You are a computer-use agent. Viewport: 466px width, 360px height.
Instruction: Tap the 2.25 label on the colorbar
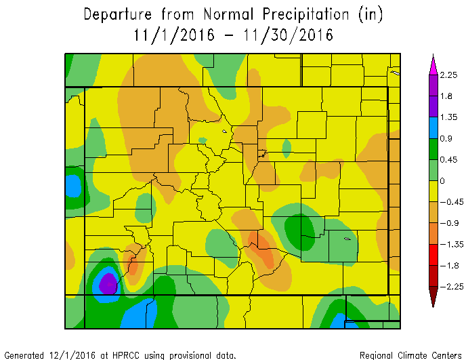point(447,75)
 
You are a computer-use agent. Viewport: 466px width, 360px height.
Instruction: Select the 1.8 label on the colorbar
point(445,96)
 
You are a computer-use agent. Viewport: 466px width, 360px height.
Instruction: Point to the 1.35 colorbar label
point(447,117)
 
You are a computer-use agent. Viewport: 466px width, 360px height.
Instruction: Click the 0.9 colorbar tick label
point(445,138)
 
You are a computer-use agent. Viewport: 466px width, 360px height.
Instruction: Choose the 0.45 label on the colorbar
point(447,159)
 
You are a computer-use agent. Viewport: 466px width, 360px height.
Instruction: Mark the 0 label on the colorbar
point(442,180)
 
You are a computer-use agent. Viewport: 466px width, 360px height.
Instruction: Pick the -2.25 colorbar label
point(448,287)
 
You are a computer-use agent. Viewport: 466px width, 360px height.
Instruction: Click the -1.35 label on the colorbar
point(448,244)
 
